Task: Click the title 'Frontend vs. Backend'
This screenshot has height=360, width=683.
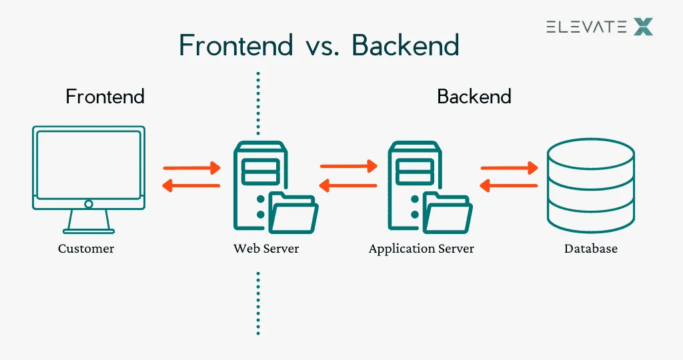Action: pyautogui.click(x=319, y=45)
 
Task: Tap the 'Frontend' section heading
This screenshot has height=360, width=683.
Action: pyautogui.click(x=105, y=97)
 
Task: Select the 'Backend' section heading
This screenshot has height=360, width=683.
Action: pyautogui.click(x=474, y=97)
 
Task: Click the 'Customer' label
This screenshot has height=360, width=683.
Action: pyautogui.click(x=86, y=249)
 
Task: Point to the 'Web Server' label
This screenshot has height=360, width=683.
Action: pyautogui.click(x=266, y=249)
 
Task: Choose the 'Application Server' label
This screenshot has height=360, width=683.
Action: pyautogui.click(x=421, y=249)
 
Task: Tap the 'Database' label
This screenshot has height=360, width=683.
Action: pyautogui.click(x=590, y=249)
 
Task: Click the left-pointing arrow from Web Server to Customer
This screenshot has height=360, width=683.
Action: pyautogui.click(x=192, y=185)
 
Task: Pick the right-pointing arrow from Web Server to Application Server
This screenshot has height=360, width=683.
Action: pyautogui.click(x=349, y=167)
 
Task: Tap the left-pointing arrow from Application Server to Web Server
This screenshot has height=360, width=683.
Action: pyautogui.click(x=349, y=185)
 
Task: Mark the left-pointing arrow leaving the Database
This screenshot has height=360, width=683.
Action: pyautogui.click(x=510, y=185)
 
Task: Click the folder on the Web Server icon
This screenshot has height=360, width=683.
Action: pyautogui.click(x=294, y=212)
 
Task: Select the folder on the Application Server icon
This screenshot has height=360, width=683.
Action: pyautogui.click(x=449, y=212)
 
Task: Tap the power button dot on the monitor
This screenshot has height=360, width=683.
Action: pyautogui.click(x=89, y=204)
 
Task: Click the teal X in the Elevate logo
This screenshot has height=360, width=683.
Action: pyautogui.click(x=643, y=27)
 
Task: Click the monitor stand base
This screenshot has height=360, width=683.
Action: pyautogui.click(x=89, y=231)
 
